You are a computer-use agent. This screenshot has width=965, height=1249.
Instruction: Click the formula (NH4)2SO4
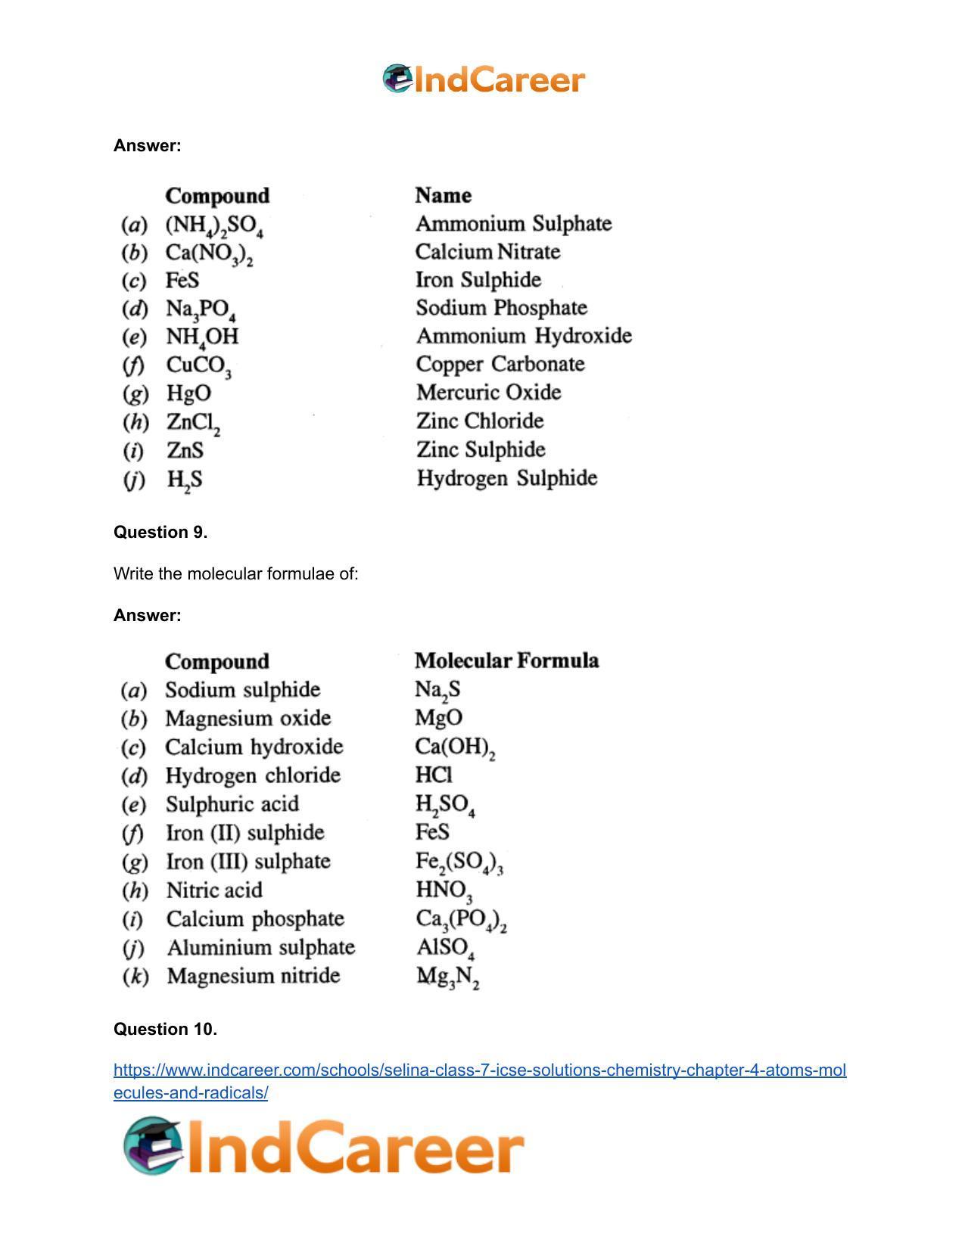214,225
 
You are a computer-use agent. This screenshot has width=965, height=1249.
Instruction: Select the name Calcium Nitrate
487,252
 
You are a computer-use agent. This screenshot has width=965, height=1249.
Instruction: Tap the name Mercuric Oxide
488,393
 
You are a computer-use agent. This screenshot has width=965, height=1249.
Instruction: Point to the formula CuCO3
198,366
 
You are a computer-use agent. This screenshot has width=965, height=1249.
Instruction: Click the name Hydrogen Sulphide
506,478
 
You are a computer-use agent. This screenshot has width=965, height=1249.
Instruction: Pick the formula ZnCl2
193,423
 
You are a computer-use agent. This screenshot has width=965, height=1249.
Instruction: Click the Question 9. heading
160,532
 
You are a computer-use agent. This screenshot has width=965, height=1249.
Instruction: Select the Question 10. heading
165,1029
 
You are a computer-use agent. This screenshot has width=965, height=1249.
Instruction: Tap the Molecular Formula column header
506,661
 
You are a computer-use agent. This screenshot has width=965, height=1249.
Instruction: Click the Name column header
443,195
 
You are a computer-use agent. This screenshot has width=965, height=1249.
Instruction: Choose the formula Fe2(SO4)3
459,862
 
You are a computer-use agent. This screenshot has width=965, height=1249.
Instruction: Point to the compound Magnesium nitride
253,976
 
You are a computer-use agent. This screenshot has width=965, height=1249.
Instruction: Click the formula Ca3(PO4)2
461,920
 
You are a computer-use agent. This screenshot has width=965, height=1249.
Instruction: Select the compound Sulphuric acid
232,804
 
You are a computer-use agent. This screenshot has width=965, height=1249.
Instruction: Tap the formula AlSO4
445,949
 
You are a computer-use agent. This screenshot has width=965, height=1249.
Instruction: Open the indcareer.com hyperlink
480,1070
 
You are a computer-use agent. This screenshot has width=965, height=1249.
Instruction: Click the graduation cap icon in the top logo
397,78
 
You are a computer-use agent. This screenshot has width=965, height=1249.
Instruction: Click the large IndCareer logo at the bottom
324,1147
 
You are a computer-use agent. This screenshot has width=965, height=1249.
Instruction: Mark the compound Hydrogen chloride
253,775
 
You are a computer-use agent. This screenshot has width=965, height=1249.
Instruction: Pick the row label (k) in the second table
135,976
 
